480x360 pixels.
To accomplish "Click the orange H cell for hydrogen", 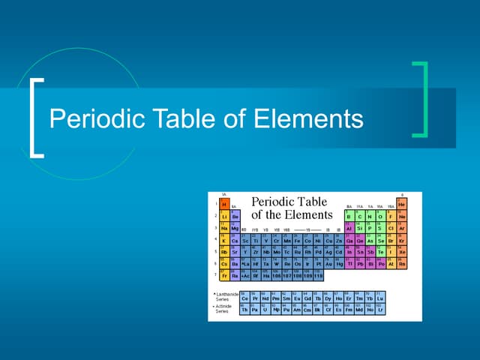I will coord(224,204).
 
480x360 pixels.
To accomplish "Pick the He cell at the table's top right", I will coord(401,204).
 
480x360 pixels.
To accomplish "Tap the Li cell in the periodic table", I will coord(224,216).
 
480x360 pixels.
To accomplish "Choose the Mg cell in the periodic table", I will coord(235,228).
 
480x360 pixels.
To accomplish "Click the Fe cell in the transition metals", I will coord(298,240).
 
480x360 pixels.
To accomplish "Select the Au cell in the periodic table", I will coord(329,264).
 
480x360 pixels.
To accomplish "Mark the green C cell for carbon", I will coord(359,216).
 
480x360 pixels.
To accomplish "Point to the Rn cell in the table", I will coord(401,264).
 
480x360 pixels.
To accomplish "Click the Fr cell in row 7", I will coord(224,276).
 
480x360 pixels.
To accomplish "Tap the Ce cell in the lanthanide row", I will coord(245,298).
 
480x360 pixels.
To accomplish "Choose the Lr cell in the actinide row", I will coord(380,310).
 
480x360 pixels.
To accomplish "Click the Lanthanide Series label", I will coord(225,298).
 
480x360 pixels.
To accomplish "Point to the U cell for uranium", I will coord(266,310).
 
